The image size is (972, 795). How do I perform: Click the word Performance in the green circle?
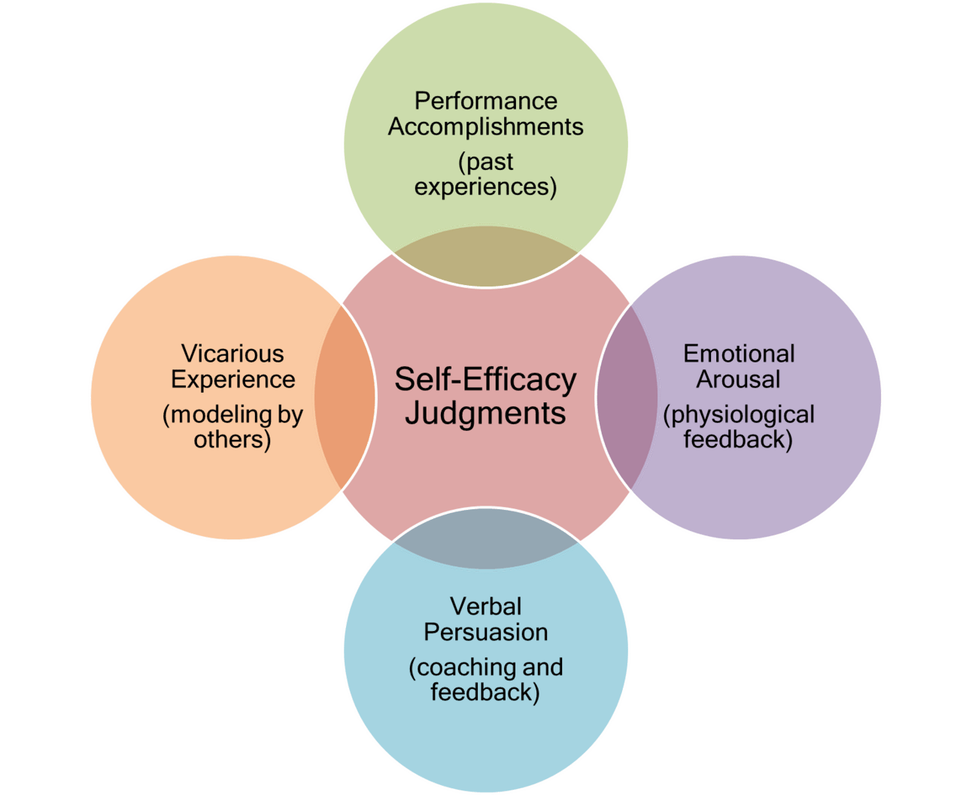click(x=486, y=101)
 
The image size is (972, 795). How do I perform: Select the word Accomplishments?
click(x=486, y=127)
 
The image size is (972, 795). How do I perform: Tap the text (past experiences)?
click(x=486, y=174)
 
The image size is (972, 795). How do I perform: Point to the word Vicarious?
click(x=232, y=354)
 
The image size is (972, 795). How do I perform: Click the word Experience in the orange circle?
click(x=232, y=380)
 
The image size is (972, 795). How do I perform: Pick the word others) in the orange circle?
click(x=232, y=439)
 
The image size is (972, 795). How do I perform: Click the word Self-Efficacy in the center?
click(x=485, y=379)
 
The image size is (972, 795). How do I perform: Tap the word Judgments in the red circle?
click(x=485, y=413)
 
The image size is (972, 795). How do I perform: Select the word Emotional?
click(x=739, y=354)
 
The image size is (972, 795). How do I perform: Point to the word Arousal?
click(x=739, y=380)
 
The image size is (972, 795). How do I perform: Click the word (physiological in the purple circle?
click(x=739, y=414)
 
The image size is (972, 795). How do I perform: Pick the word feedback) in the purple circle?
click(x=739, y=439)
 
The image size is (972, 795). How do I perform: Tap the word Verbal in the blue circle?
click(x=485, y=606)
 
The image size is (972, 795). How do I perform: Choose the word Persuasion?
click(x=485, y=633)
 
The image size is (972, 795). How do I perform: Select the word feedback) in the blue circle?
click(x=485, y=692)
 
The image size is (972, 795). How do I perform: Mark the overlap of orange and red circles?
click(x=345, y=397)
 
